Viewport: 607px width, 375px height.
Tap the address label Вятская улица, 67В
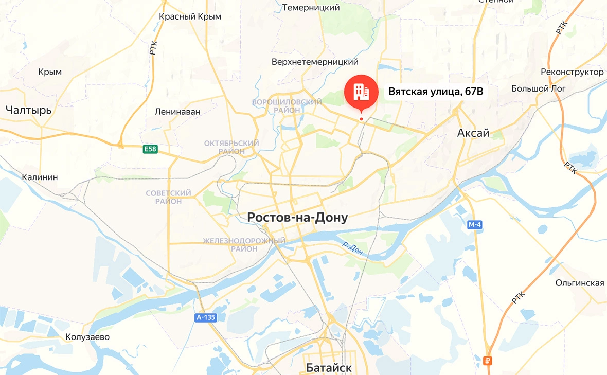point(436,92)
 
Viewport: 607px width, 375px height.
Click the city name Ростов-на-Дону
point(297,218)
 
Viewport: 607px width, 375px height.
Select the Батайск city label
point(328,368)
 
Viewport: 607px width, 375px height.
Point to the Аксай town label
point(473,133)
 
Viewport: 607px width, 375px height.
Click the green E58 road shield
point(150,149)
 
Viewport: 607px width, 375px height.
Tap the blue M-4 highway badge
point(475,224)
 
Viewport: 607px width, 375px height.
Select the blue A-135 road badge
point(206,317)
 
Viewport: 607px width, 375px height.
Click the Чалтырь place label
point(29,110)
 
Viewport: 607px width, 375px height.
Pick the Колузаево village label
point(87,337)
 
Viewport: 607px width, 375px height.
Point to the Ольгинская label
point(579,283)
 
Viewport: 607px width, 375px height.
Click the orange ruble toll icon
point(488,360)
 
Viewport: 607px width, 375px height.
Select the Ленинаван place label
point(177,111)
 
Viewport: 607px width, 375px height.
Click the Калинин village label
point(40,177)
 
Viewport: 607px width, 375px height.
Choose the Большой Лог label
point(538,88)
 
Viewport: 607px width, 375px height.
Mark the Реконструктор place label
point(572,72)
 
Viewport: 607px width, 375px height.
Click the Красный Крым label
point(190,16)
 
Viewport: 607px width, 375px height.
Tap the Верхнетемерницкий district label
point(315,62)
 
